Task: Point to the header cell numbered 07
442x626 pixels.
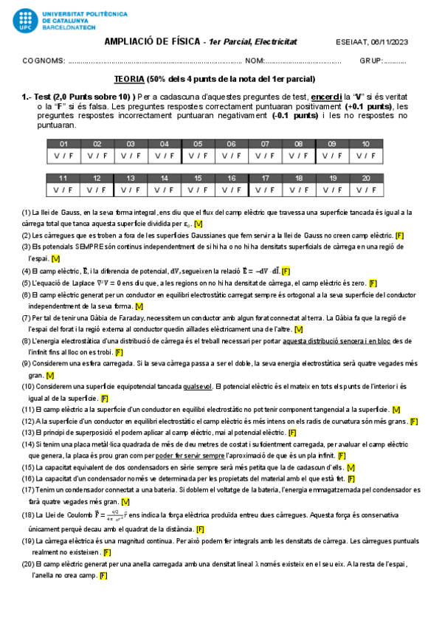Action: (265, 144)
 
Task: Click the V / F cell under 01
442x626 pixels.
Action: (63, 156)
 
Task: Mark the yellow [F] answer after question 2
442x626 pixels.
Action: (399, 235)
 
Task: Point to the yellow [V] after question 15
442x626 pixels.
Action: (351, 467)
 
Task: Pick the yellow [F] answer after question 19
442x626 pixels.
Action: (107, 551)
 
